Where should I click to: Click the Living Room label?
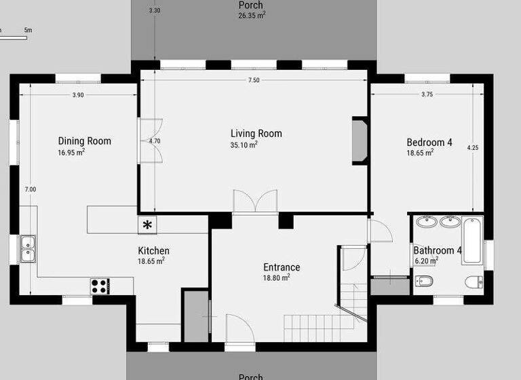click(x=256, y=134)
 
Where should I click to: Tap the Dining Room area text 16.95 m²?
click(x=71, y=153)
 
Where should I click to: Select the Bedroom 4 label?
click(x=429, y=142)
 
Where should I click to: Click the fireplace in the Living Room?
click(x=359, y=142)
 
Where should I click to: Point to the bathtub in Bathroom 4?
click(x=473, y=240)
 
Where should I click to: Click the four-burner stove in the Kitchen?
click(x=99, y=286)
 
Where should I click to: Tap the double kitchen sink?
click(x=28, y=248)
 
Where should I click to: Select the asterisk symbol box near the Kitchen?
click(x=147, y=225)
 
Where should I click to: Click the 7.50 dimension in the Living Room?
click(x=254, y=80)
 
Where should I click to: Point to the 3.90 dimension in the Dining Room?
click(x=78, y=96)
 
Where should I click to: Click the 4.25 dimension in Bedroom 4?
click(x=473, y=147)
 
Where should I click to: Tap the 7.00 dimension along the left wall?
click(x=31, y=189)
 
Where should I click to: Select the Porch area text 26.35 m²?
click(x=251, y=15)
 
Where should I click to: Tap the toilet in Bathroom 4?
click(x=472, y=281)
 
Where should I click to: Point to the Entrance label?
click(x=282, y=267)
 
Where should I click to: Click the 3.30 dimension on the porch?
click(x=155, y=11)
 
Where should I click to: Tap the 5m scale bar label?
click(x=28, y=31)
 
